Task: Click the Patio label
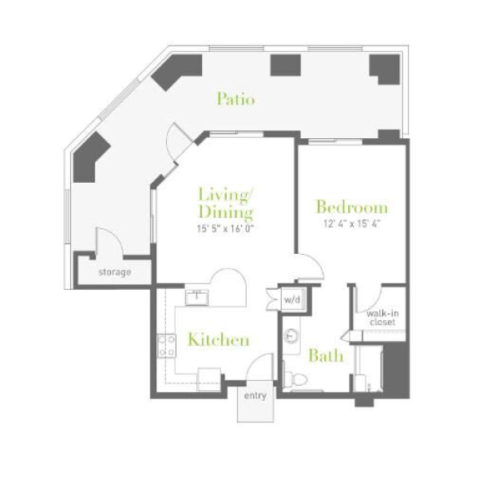coord(236,99)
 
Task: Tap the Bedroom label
coord(352,207)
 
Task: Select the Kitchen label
coord(219,339)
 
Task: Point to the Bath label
coord(326,355)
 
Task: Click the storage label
coord(115,272)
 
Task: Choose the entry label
coord(255,396)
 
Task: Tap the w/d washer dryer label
coord(292,299)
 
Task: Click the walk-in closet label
coord(382,318)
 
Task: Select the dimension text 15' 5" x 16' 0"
coord(225,228)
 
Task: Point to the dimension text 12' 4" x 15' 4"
coord(351,224)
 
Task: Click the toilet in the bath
coord(295,378)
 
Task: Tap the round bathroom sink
coord(291,336)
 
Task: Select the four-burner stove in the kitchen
coord(167,346)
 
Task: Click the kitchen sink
coord(196,297)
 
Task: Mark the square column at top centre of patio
coord(286,65)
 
